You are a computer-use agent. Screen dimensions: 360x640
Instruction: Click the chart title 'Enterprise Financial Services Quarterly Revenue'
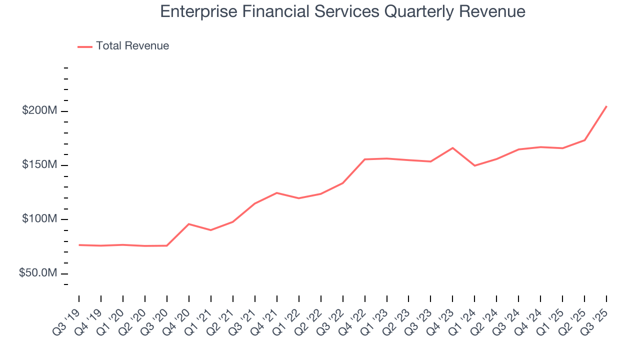342,11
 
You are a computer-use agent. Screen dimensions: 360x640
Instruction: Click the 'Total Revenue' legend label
132,46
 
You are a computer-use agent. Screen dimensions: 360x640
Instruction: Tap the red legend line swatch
85,46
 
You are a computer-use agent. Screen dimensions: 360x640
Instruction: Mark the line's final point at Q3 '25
606,106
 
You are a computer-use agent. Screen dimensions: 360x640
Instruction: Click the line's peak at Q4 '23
452,148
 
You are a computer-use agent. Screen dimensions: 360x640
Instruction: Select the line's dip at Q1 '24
474,165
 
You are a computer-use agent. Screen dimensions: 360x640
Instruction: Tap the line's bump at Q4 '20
188,224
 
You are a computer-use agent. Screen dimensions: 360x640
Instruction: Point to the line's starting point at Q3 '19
79,245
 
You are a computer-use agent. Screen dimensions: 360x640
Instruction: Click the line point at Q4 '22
364,159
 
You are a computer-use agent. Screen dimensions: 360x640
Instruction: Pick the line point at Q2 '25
584,140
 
